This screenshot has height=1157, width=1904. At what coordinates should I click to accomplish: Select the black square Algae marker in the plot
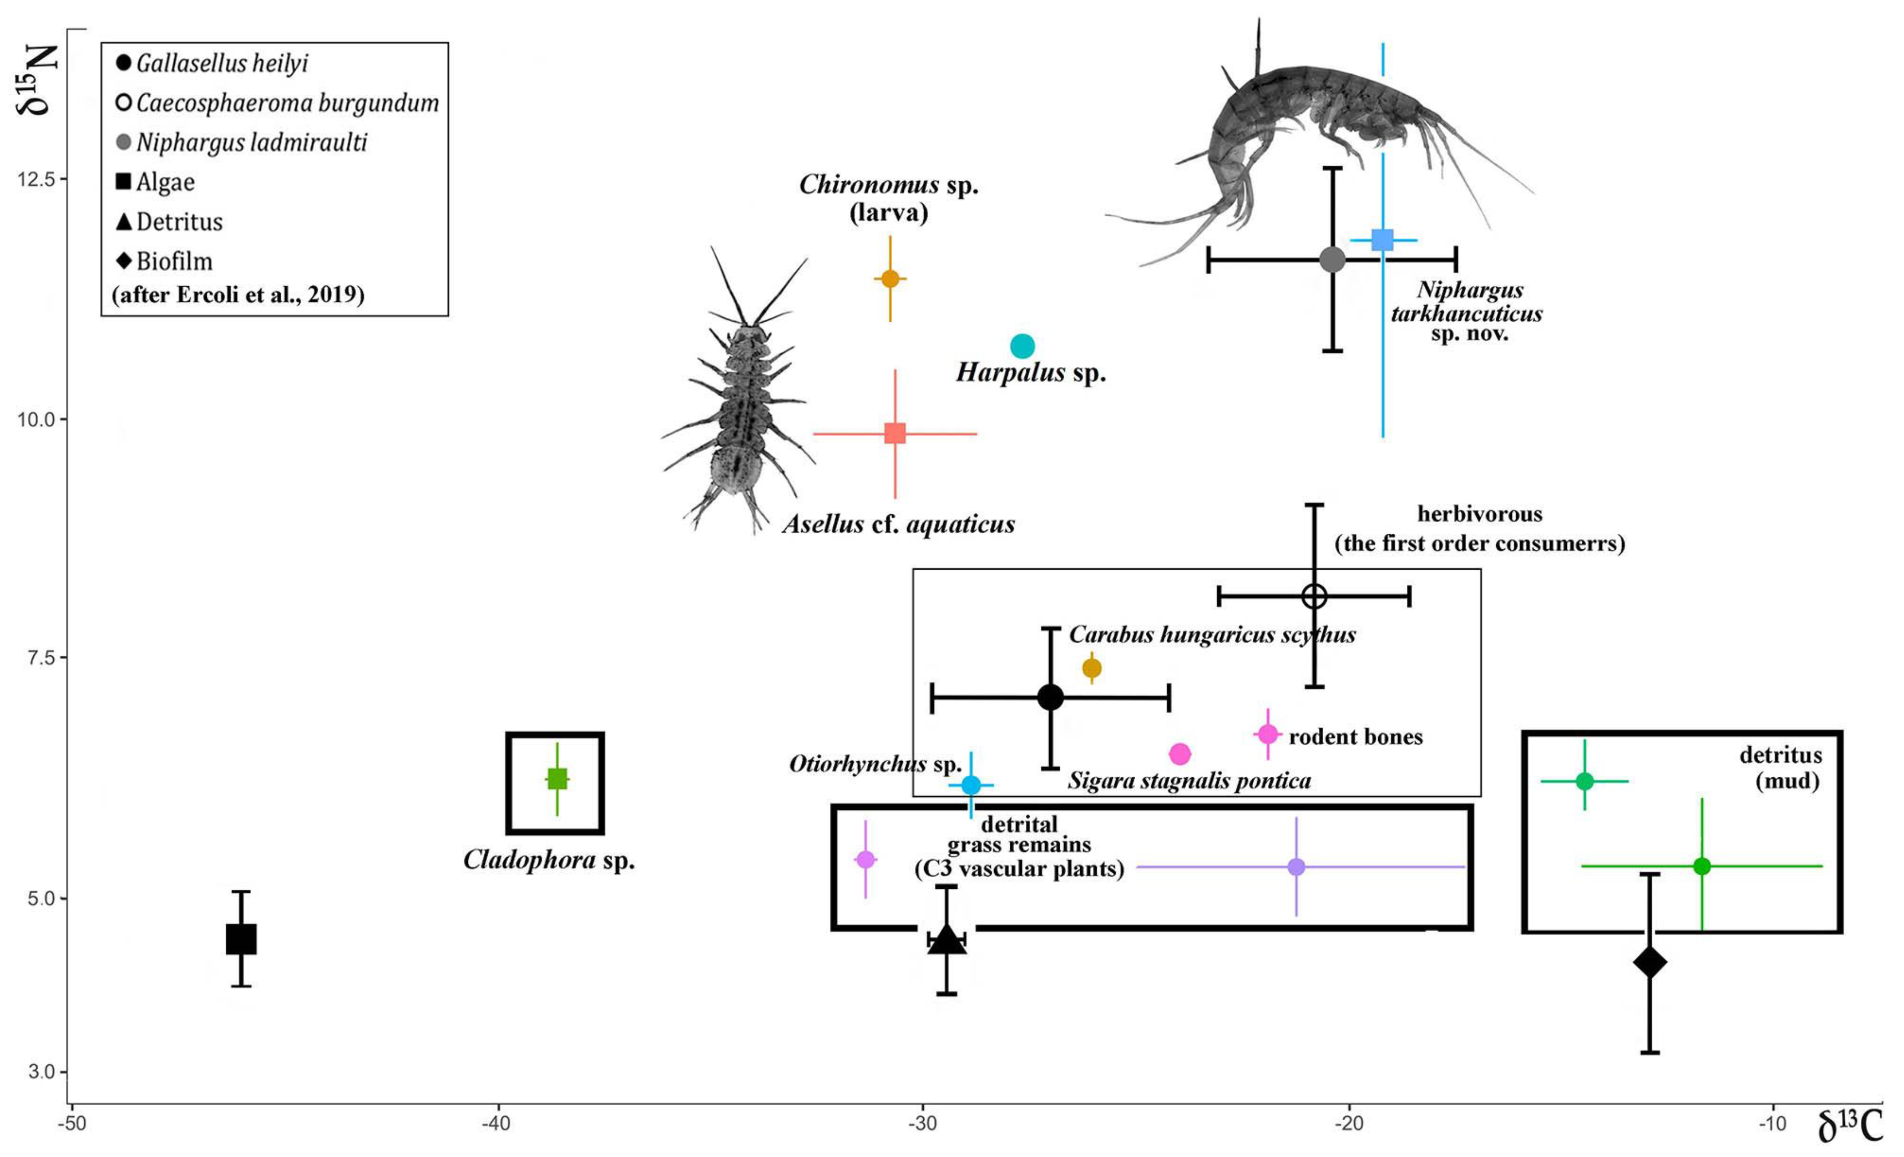click(241, 939)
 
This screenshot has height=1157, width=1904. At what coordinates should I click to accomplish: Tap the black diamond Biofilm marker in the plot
click(1650, 962)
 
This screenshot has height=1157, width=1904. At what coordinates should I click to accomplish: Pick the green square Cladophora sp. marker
click(557, 778)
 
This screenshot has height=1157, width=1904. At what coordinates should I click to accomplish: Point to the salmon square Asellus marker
click(895, 433)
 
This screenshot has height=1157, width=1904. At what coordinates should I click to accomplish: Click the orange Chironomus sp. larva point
click(890, 278)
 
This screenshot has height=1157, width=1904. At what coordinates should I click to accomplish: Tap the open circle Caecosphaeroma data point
click(1315, 596)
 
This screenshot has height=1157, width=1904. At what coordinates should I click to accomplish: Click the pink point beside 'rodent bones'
click(1268, 734)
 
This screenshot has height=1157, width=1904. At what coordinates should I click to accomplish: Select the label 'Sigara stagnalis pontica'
click(1188, 781)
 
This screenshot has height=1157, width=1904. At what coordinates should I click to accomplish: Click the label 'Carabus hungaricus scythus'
click(1212, 635)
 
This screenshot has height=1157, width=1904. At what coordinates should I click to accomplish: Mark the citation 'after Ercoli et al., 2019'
click(238, 295)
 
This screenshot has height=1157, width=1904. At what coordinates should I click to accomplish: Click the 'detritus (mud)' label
click(1780, 767)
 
